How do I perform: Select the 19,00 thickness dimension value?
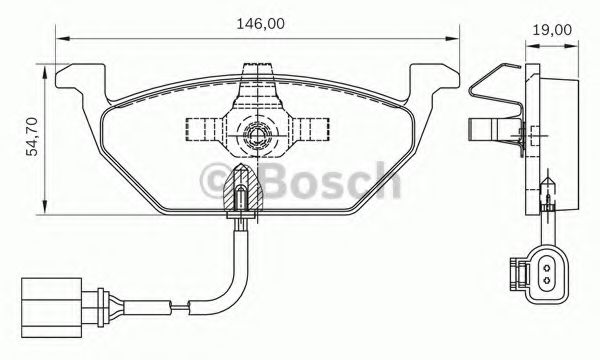tap(551, 29)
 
